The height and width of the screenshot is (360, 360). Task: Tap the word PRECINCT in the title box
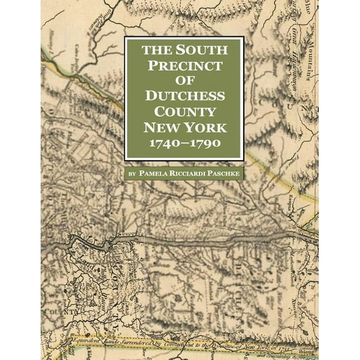(184, 65)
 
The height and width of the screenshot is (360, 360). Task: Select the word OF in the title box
(184, 81)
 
